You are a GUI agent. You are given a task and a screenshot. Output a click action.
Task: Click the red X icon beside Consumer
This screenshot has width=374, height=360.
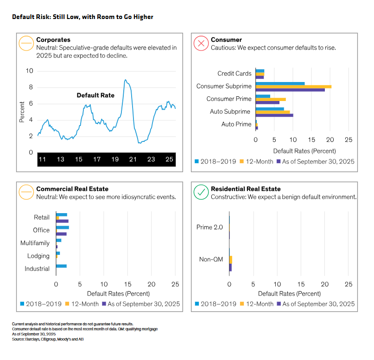[201, 44]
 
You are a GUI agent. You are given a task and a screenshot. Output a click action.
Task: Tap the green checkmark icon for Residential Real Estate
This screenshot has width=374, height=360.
[201, 192]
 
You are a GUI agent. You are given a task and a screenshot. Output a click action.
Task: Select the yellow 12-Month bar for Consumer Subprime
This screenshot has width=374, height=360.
[293, 87]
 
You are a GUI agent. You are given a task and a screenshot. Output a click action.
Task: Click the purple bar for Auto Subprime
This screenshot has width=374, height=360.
[274, 115]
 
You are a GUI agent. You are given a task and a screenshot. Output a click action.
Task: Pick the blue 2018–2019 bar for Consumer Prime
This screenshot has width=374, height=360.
[263, 96]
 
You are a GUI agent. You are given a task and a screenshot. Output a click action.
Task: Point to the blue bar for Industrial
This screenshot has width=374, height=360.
[61, 266]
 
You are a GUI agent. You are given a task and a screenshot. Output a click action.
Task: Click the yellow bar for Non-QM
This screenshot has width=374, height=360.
[231, 259]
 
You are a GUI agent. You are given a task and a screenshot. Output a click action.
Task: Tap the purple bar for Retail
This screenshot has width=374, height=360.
[62, 221]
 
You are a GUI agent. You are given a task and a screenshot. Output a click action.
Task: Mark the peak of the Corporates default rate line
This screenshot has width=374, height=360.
[125, 80]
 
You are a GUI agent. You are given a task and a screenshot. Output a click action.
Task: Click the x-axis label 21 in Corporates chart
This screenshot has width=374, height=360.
[133, 159]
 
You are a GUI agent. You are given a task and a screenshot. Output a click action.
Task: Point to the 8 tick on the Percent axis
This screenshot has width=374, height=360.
[31, 87]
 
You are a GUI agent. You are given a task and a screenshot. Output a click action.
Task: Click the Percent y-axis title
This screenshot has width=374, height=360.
[22, 112]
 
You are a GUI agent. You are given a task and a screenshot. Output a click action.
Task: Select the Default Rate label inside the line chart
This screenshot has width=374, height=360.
[95, 95]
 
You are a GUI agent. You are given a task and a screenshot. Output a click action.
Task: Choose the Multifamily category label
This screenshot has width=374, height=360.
[35, 243]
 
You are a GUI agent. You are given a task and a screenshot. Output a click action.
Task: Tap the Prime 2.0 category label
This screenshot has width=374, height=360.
[209, 227]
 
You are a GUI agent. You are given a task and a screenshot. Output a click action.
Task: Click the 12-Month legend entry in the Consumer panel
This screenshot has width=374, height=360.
[256, 162]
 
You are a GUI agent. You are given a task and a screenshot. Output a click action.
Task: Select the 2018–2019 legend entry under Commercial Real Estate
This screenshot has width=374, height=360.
[41, 304]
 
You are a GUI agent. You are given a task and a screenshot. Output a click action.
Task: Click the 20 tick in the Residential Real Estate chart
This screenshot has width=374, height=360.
[324, 284]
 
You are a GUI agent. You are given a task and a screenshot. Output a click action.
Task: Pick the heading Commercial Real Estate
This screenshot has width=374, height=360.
[72, 189]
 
